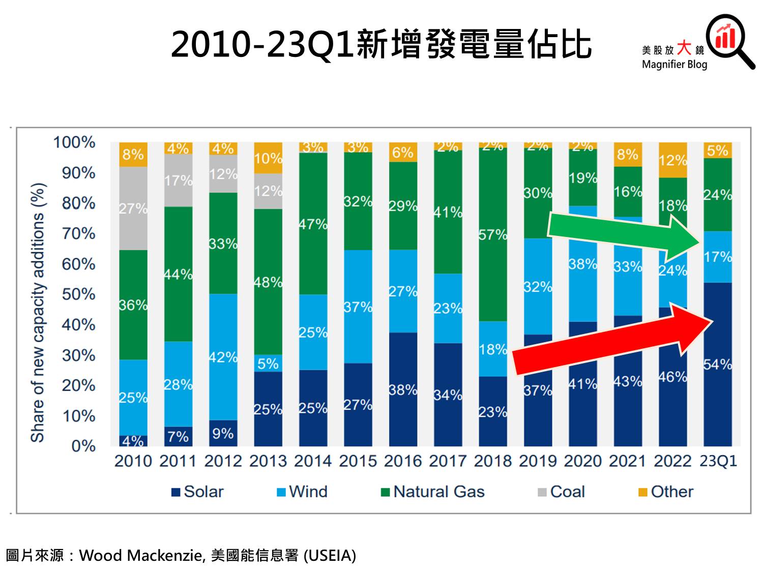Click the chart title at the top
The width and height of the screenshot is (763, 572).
(x=382, y=44)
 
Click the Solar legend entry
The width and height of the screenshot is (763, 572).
(x=198, y=492)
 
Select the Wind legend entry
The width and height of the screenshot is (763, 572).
(x=302, y=492)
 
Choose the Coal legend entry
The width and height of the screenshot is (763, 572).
(x=562, y=492)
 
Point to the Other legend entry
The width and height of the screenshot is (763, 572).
(x=666, y=492)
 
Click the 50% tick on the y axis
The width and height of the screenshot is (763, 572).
(x=79, y=294)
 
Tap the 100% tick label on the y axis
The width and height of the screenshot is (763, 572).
(x=74, y=142)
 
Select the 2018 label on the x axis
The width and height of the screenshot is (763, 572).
(x=493, y=461)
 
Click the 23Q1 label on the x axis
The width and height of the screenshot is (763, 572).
(x=718, y=461)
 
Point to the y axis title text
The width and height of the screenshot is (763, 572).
(x=38, y=313)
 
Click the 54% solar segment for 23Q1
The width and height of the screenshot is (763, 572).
(x=718, y=364)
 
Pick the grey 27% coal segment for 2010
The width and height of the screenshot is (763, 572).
(x=133, y=208)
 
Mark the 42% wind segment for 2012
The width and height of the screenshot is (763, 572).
(x=223, y=357)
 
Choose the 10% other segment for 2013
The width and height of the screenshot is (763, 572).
(x=268, y=158)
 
